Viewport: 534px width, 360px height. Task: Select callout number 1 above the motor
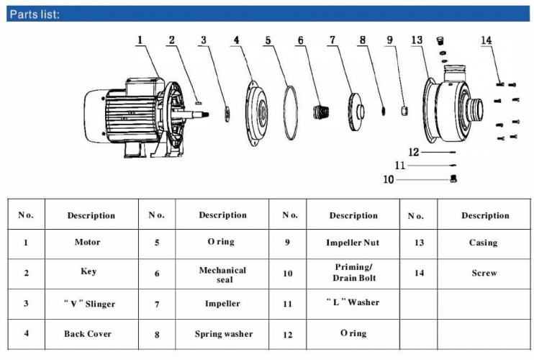point(140,40)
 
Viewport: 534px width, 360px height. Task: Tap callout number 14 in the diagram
point(487,40)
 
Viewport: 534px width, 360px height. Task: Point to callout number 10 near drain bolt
point(388,179)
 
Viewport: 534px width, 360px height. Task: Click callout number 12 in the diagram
point(414,152)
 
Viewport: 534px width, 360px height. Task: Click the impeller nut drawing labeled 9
point(404,109)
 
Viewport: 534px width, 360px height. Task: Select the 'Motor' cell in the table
point(88,243)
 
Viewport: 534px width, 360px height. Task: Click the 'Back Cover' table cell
point(88,333)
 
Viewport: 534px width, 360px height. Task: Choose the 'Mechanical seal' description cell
point(222,274)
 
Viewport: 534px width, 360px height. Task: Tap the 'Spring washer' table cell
point(222,334)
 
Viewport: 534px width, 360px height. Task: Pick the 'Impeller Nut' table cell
point(353,243)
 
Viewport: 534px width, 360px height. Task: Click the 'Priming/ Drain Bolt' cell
point(353,272)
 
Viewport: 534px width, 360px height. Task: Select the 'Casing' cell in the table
point(483,243)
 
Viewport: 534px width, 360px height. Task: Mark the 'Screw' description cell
point(484,273)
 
